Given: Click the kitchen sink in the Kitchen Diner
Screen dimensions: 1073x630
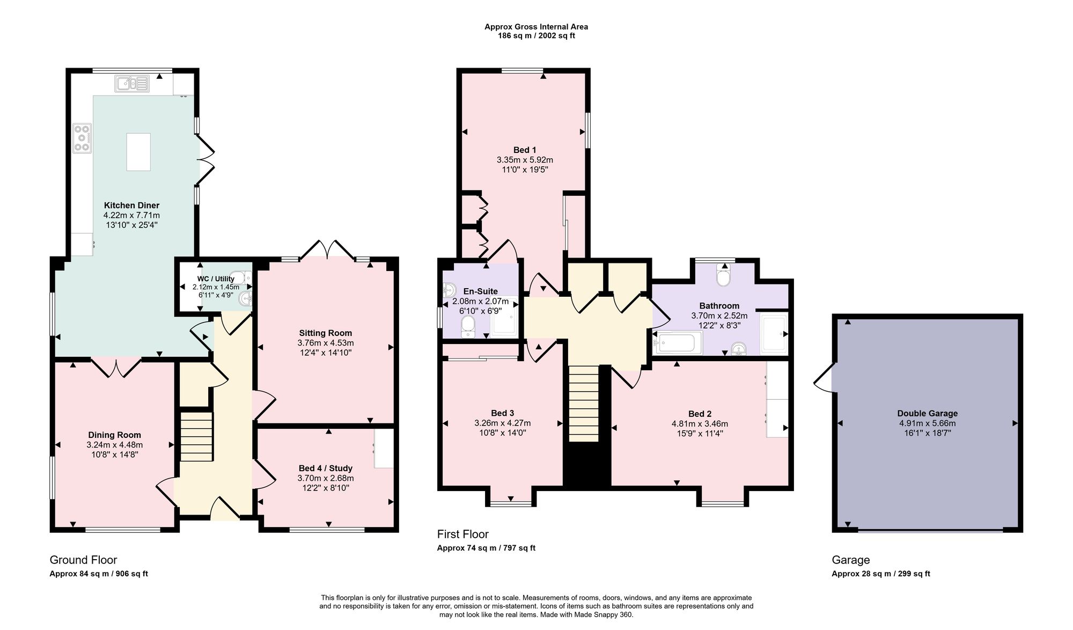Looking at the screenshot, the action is [132, 84].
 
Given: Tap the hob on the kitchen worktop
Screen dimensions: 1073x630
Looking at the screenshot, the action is [82, 138].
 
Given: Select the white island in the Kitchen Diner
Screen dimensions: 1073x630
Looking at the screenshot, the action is [138, 152].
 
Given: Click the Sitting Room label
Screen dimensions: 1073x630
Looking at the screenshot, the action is [326, 333].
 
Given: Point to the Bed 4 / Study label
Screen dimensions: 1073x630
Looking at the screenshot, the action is [326, 468].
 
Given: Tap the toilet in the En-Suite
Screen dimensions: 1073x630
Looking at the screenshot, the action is [468, 327].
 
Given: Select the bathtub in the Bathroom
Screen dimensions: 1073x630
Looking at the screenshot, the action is [678, 343].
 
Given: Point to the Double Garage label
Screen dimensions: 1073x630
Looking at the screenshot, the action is [927, 413].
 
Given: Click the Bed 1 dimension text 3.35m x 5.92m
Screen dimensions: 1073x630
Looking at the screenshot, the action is [525, 160].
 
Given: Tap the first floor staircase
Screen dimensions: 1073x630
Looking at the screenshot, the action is [583, 404].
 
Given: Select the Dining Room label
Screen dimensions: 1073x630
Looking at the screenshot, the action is [115, 435].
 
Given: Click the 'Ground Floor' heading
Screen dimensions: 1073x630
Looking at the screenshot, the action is [83, 560].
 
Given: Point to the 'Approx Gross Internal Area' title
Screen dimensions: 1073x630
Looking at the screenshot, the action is [536, 26].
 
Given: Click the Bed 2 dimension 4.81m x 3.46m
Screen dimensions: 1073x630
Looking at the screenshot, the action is [700, 423].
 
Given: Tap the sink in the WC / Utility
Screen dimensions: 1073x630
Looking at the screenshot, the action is [247, 298].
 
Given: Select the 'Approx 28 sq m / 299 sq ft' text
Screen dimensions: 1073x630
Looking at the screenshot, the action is [881, 574].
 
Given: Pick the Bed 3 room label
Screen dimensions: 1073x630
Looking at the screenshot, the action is [502, 413].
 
